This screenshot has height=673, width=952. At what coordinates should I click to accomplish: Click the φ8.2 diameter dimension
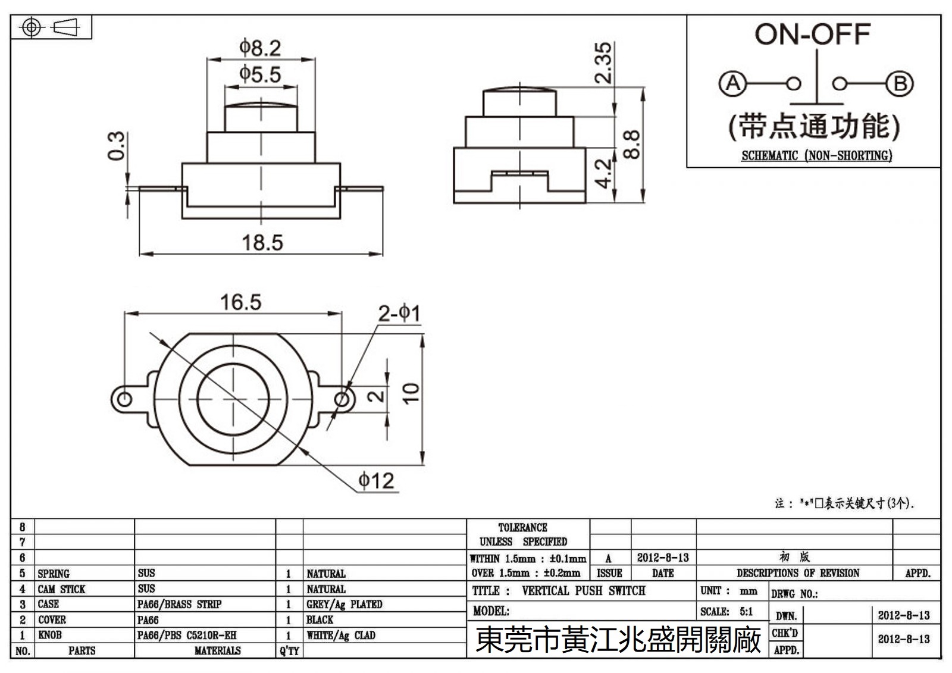coord(260,48)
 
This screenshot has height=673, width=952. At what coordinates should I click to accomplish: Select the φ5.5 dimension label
coord(260,75)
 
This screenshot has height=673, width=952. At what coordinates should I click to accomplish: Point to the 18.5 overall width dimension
coord(262,243)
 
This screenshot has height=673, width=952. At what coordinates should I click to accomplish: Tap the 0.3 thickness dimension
coord(117,146)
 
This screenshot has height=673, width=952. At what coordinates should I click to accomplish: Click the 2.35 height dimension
coord(603,62)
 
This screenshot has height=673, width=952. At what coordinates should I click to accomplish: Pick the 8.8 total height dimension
coord(632,145)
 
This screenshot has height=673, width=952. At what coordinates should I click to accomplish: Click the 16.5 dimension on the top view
coord(240,302)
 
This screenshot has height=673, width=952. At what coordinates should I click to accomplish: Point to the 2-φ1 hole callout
coord(399,314)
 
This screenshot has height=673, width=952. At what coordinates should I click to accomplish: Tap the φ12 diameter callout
coord(376,481)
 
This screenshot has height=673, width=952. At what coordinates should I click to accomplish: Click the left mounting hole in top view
coord(124,398)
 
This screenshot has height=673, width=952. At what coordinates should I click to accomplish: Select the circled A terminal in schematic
coord(732,83)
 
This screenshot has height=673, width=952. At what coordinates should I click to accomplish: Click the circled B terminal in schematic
coord(900,84)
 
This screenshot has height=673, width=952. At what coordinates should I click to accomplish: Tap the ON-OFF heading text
coord(813,35)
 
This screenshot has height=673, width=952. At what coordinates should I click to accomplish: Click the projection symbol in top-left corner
coord(51,27)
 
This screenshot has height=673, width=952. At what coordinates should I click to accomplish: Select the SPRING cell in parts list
coord(54,574)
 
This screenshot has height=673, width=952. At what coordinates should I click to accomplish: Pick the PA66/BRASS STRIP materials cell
coord(179,605)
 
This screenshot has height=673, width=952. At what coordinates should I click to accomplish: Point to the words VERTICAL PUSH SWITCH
coord(583,591)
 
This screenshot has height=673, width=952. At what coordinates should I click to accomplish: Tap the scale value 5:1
coord(746,612)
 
